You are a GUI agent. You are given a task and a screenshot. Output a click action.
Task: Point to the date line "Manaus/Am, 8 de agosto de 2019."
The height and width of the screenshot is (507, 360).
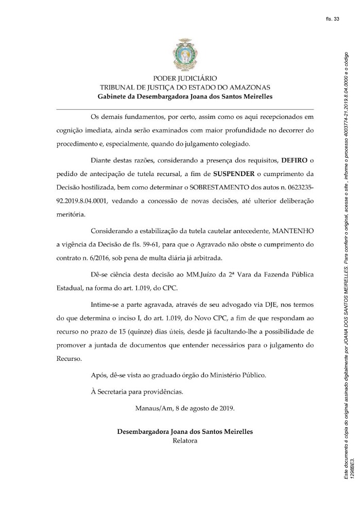(184, 409)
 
